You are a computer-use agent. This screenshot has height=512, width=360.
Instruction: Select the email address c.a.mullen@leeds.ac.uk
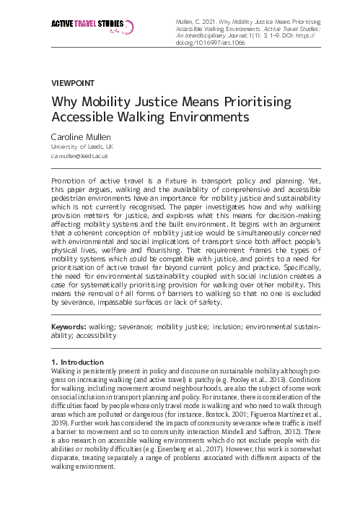[79, 155]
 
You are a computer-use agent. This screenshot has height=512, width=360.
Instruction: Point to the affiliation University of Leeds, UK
[82, 146]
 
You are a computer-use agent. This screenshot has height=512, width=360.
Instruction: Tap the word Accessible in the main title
[84, 116]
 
